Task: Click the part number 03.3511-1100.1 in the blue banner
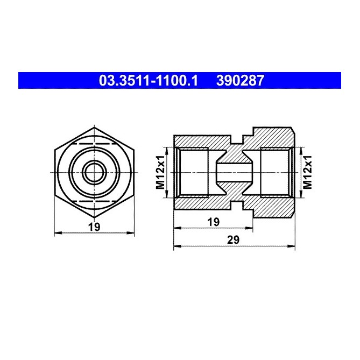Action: click(149, 81)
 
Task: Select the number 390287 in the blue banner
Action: click(240, 81)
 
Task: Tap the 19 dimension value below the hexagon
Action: click(94, 227)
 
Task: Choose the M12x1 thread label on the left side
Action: click(160, 172)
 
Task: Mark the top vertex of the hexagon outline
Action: click(94, 129)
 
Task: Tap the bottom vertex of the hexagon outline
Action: click(94, 216)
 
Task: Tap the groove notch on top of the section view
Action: click(234, 139)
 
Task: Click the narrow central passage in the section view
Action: click(234, 172)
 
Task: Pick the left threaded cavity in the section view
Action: click(194, 172)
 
